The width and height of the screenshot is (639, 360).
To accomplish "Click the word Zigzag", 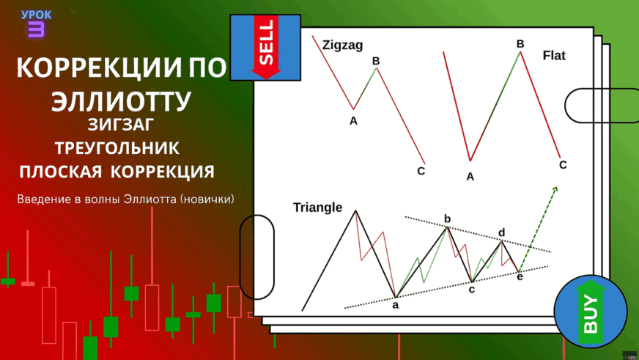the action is point(342,45).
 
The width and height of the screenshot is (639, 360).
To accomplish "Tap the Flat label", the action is point(554,56).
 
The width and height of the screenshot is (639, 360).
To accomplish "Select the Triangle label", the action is point(317,207).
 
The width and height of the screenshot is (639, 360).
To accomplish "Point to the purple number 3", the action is point(36,30).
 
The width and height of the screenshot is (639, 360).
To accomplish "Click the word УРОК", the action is point(36,15).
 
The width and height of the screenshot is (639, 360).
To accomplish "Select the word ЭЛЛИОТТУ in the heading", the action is point(121,100).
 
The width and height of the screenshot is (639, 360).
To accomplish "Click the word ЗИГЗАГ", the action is point(121,125).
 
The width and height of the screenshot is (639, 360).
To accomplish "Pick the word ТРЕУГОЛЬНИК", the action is point(117,148).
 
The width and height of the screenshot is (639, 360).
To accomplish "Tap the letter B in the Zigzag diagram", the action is point(376,61).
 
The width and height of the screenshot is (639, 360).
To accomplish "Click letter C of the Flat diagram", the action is point(563,165).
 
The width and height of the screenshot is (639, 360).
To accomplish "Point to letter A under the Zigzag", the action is point(353,121).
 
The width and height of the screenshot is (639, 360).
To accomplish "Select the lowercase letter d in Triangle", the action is point(502,232).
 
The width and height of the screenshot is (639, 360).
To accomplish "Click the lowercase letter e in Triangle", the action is point(520,277).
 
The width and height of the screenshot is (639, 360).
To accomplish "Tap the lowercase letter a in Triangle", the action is point(395,305).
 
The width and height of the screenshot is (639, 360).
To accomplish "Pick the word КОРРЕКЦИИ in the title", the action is point(98,67).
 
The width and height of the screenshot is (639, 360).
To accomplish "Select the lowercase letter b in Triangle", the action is point(448,219).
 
